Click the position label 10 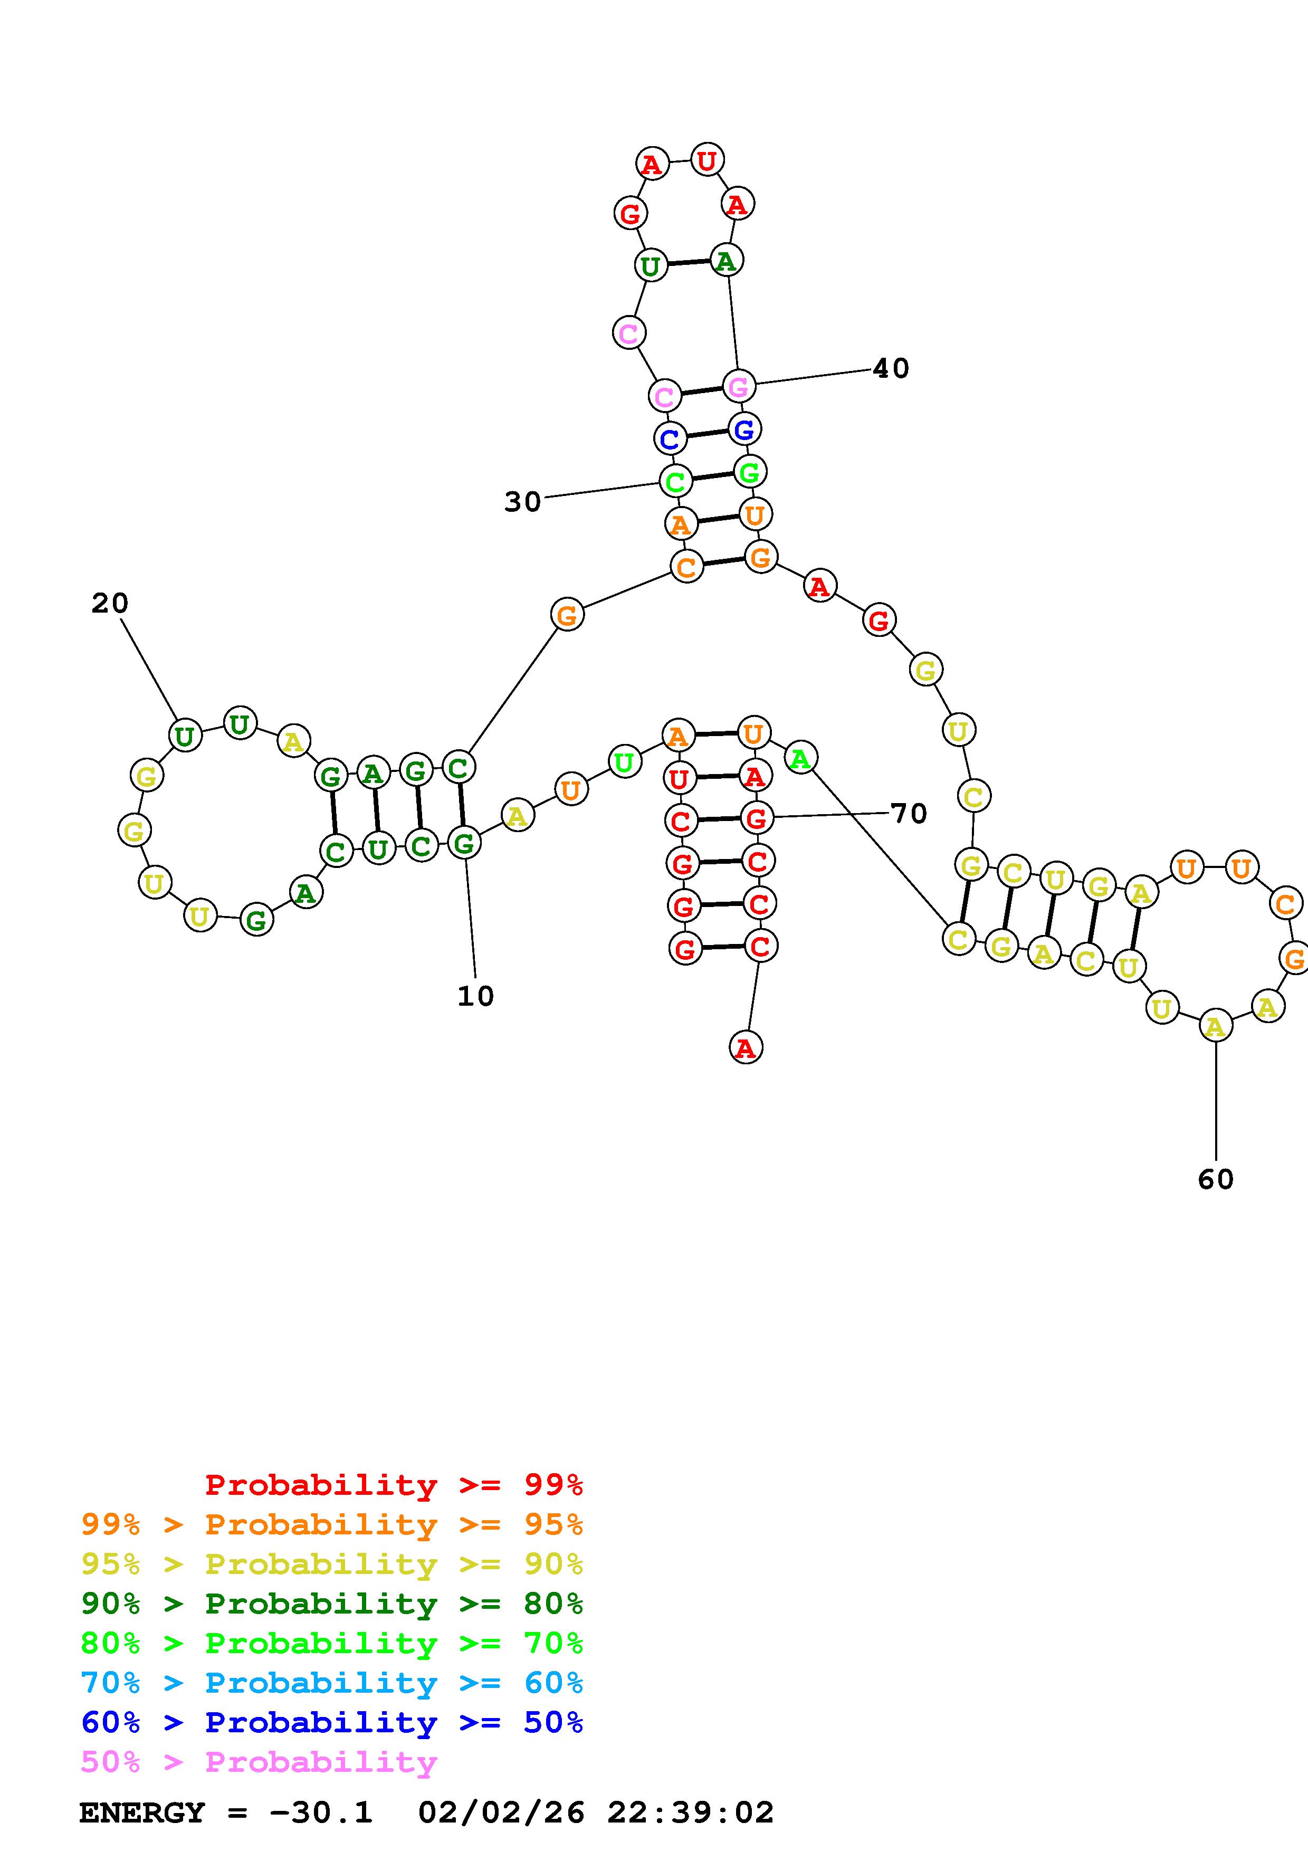[475, 996]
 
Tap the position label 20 [110, 603]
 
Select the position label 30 [522, 502]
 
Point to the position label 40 [891, 368]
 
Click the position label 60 [1215, 1179]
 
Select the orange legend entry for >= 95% [332, 1524]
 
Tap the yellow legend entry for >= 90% [332, 1564]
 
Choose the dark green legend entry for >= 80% [332, 1604]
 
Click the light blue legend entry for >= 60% [332, 1683]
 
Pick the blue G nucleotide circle [744, 429]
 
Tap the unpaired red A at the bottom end [746, 1048]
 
